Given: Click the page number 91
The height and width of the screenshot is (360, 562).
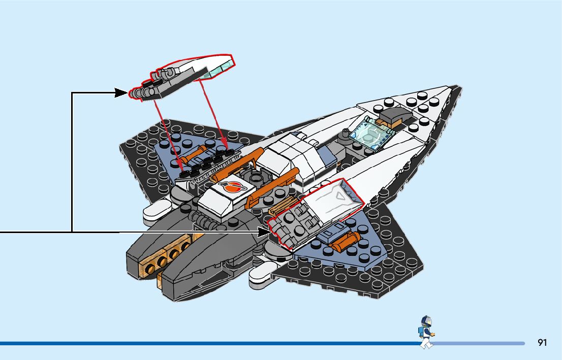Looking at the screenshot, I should [542, 343].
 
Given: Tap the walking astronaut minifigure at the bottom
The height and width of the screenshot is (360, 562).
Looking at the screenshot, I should [426, 332].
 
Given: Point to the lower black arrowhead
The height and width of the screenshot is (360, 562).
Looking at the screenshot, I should [264, 233].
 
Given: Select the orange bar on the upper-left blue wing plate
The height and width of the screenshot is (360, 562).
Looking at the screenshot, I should [199, 153].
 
